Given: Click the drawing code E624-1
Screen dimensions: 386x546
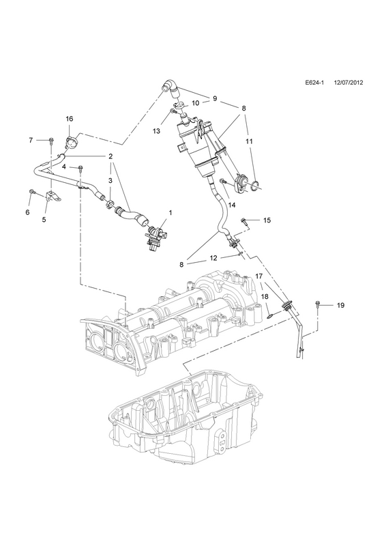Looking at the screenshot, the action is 314,93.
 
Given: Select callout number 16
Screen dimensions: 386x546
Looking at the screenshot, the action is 70,119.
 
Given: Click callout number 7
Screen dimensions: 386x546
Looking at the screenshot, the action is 31,141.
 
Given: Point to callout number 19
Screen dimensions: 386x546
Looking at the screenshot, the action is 341,305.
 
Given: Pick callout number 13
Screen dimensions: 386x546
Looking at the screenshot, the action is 157,131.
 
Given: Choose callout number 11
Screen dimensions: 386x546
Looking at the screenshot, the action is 249,141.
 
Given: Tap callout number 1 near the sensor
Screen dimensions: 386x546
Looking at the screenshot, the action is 170,212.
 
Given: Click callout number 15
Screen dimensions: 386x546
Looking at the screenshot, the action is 267,220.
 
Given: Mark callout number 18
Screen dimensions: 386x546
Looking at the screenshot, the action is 265,296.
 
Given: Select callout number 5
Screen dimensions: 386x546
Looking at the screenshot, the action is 44,220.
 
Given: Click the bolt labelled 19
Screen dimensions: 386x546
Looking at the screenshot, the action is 317,304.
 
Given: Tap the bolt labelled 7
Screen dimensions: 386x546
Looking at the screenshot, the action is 52,141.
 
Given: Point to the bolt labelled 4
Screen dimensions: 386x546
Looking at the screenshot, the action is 80,169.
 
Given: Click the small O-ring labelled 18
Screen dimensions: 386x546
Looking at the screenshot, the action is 269,316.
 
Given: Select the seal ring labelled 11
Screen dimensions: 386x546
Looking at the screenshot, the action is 255,185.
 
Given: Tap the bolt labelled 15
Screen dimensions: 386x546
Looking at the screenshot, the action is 245,221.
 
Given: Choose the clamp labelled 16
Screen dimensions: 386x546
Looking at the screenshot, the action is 71,143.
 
